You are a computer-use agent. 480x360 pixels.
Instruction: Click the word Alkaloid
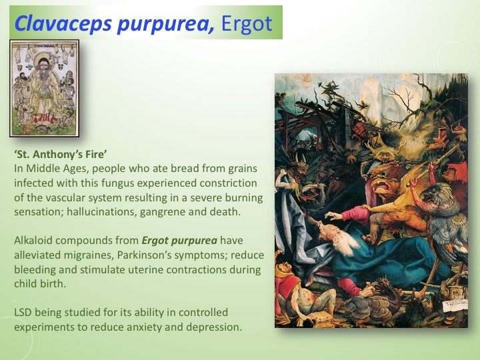[x=35, y=241]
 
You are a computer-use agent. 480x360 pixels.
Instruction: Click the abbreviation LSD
[x=24, y=312]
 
